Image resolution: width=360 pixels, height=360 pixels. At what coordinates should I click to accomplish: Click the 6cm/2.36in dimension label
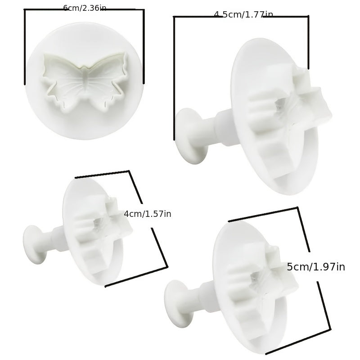85,8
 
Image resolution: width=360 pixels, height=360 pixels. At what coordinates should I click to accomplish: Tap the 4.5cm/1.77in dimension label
243,14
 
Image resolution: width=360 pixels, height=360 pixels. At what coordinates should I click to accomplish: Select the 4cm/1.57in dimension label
148,214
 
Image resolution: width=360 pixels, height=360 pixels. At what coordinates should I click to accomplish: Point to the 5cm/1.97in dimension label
316,267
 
